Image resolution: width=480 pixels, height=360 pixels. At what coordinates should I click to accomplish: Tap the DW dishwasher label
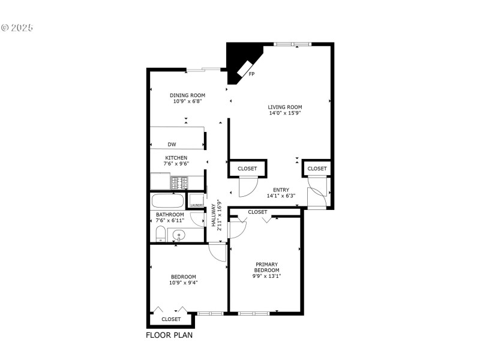click(172, 145)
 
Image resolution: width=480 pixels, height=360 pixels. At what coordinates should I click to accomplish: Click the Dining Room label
click(187, 95)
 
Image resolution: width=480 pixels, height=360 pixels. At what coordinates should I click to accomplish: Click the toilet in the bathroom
click(160, 234)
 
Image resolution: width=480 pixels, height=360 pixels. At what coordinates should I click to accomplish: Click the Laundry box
click(196, 201)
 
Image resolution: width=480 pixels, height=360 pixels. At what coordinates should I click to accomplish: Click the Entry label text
click(281, 190)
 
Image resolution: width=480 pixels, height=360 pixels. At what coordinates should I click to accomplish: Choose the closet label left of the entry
click(247, 169)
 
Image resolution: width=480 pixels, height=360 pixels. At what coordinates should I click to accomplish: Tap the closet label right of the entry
click(317, 169)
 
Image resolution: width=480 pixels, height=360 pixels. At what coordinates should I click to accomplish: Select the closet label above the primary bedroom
click(257, 212)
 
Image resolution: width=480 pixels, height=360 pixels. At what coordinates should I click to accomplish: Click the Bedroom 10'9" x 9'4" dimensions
click(184, 283)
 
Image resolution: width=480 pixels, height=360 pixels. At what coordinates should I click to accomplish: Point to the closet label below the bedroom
click(171, 320)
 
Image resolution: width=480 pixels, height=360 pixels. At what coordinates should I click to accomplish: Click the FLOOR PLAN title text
click(170, 335)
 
